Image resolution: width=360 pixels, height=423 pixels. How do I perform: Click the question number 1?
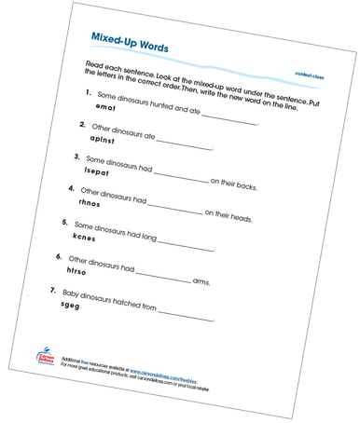click(x=87, y=93)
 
